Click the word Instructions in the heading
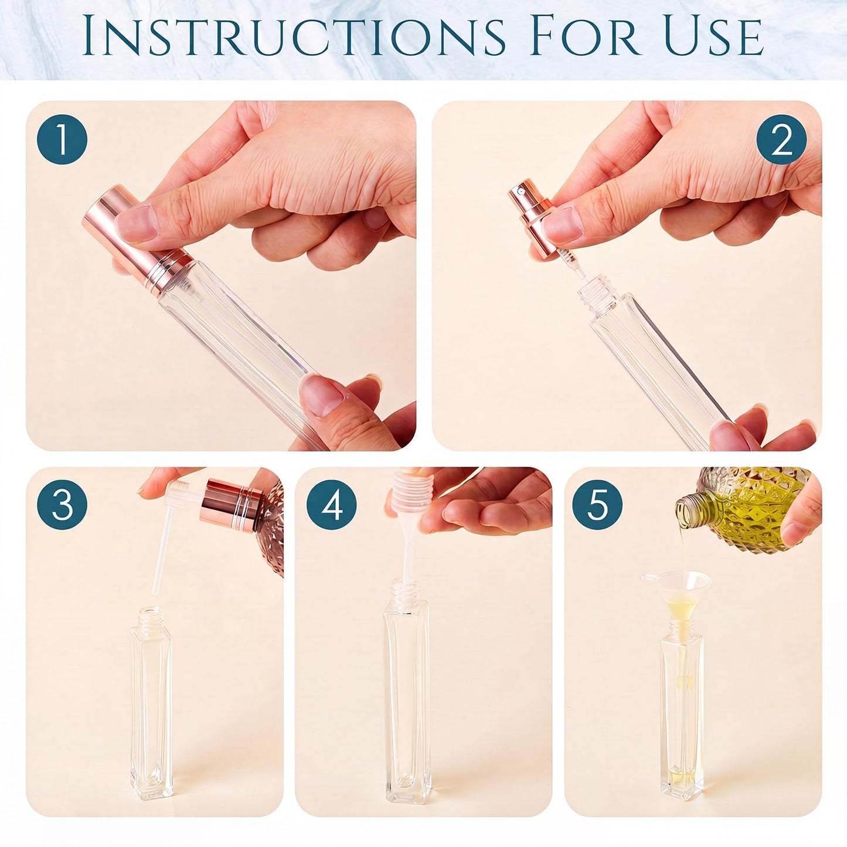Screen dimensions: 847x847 point(293,36)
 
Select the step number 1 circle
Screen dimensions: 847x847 point(62,140)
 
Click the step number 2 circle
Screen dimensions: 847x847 point(781,140)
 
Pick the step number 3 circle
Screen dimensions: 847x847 point(62,505)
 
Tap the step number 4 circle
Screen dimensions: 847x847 point(332,505)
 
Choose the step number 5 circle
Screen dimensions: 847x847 point(597,505)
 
